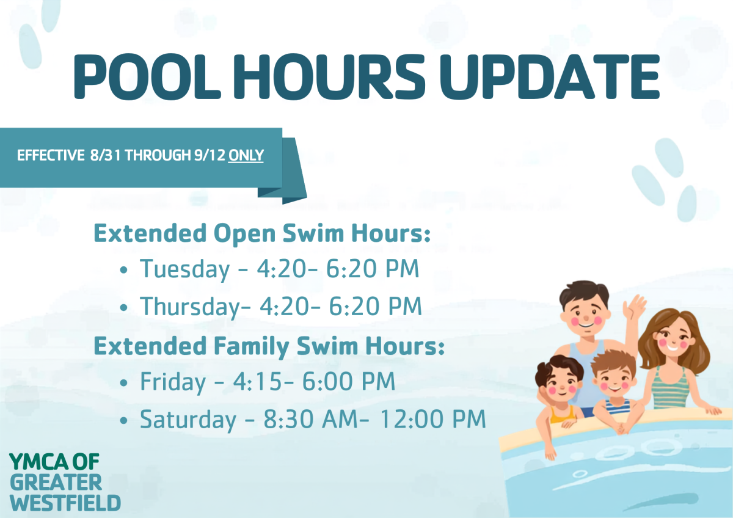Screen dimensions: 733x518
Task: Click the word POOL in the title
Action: (147, 76)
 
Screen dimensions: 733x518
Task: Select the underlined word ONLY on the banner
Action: (246, 155)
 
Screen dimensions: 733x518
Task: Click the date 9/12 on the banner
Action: (210, 155)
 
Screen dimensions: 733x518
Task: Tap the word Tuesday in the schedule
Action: (185, 269)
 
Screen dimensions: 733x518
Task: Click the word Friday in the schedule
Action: (173, 382)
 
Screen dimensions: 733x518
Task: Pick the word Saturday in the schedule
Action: (188, 419)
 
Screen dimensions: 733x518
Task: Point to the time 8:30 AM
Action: (310, 419)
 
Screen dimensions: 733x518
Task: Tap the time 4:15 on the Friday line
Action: (257, 382)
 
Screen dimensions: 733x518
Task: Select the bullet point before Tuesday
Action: (123, 271)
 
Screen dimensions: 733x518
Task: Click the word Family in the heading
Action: (251, 347)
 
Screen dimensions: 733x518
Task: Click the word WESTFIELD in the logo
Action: (65, 503)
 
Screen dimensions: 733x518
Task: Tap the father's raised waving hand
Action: (634, 306)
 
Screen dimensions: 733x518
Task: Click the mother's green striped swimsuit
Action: (670, 389)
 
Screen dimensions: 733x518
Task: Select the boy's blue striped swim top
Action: (618, 407)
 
